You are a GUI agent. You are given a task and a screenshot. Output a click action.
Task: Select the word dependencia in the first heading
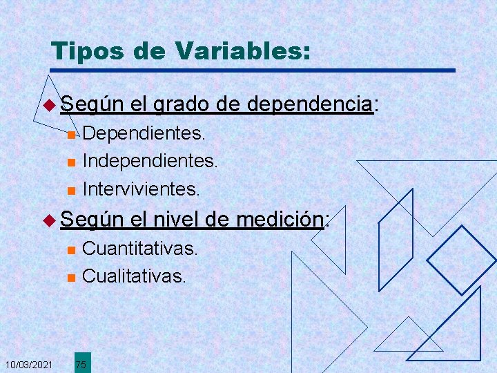309,104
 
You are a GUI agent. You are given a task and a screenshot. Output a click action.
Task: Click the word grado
182,105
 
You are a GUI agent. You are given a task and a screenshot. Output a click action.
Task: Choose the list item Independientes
150,162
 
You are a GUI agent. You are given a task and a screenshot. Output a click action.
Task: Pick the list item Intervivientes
141,187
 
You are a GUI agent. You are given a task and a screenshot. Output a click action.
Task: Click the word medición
280,220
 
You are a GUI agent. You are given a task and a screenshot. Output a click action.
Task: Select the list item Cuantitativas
140,248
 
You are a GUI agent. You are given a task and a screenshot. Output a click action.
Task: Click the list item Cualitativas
134,276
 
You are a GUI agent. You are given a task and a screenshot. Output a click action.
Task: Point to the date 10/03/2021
28,363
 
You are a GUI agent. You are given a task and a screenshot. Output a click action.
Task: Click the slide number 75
81,364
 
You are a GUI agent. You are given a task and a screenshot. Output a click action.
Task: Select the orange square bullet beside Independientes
70,163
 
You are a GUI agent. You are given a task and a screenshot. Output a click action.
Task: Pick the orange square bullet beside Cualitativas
70,278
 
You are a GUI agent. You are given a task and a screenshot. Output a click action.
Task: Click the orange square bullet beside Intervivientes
70,189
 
